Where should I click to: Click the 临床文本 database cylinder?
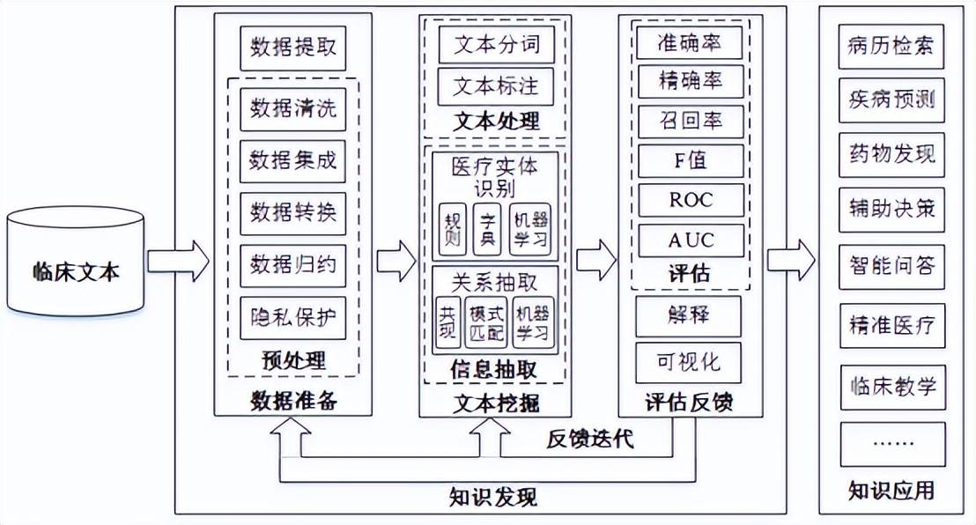[x=76, y=262]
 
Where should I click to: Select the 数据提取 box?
[x=292, y=48]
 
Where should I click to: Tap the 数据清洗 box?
[x=292, y=109]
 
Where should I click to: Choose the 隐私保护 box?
[x=292, y=318]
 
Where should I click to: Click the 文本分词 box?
[x=496, y=44]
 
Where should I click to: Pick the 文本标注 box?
[x=496, y=86]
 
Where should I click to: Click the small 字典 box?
[x=487, y=229]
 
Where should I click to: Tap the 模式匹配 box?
[x=486, y=322]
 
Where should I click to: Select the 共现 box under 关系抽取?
[x=448, y=322]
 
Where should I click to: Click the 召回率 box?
[x=691, y=121]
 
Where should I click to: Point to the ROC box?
[x=691, y=201]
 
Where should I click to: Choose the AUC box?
[x=691, y=240]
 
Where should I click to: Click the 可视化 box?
[x=689, y=362]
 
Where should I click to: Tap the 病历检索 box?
[x=891, y=47]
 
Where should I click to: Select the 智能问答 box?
[x=891, y=267]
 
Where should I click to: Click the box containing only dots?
[x=892, y=444]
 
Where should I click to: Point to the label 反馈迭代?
[x=590, y=439]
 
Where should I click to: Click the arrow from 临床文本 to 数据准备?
[x=178, y=262]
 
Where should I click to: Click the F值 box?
[x=691, y=160]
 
